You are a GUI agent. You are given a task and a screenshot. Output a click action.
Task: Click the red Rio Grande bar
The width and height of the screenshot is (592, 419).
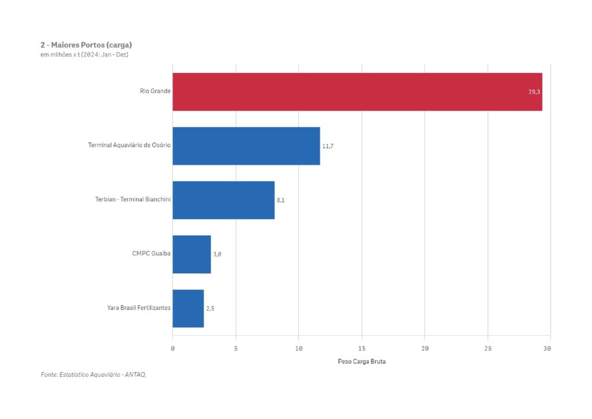click(357, 92)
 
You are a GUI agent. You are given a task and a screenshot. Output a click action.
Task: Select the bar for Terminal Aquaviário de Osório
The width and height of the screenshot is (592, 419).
click(246, 146)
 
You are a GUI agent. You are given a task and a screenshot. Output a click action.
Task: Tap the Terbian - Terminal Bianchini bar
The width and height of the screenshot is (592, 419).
click(223, 200)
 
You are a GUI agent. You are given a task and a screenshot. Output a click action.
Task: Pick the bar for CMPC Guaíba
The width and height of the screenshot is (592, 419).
click(191, 254)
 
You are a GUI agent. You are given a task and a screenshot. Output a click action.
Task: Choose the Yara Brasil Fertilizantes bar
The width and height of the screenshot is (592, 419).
click(188, 309)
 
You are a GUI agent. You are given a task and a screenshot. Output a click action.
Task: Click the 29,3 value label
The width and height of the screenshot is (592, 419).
click(534, 92)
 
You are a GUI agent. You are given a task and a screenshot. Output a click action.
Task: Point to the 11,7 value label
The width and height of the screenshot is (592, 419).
click(328, 146)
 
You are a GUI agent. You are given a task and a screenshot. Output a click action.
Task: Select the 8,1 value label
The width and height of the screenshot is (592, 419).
click(281, 200)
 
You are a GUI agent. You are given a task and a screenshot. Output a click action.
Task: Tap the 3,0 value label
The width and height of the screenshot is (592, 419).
click(217, 254)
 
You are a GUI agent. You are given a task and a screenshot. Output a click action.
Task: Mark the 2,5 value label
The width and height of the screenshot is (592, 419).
click(210, 309)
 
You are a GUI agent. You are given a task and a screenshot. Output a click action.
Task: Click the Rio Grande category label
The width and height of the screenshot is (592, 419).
click(155, 91)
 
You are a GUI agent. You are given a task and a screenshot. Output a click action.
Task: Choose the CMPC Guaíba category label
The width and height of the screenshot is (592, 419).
click(151, 254)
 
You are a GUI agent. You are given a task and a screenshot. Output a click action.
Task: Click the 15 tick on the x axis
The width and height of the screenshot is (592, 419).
click(361, 348)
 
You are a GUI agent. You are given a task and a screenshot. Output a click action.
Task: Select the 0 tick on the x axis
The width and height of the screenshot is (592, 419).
click(173, 348)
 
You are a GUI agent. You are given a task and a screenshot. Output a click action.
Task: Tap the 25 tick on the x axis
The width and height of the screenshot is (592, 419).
click(487, 348)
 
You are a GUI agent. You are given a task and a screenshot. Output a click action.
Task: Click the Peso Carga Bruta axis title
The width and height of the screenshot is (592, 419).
click(361, 362)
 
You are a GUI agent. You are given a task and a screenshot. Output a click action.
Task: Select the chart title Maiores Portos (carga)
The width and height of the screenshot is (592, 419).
click(87, 45)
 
